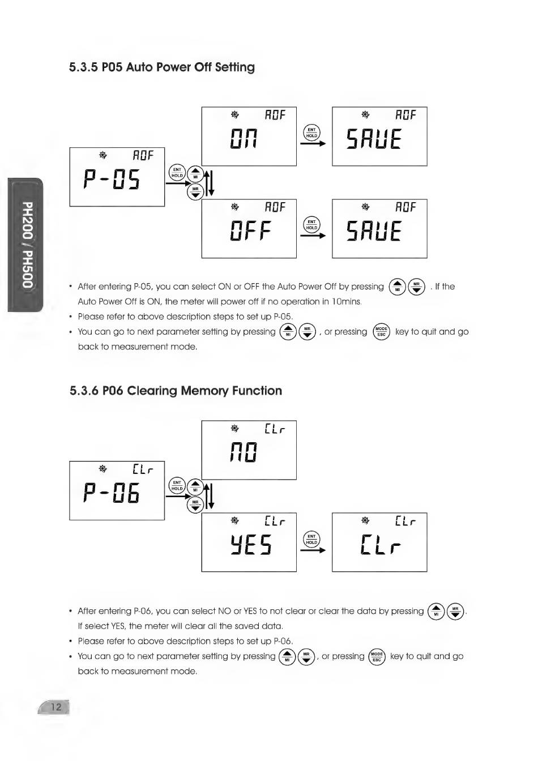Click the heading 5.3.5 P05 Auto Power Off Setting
coord(162,67)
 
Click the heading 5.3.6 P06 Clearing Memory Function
coord(176,391)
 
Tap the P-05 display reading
coord(112,180)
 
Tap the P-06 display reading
coord(112,494)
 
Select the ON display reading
coord(244,139)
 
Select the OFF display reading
coord(250,232)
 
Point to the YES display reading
coord(250,545)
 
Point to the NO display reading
coord(244,452)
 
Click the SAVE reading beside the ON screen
coord(374,139)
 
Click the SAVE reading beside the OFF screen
coord(374,232)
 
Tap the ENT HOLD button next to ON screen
coord(311,132)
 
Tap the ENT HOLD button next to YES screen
coord(311,539)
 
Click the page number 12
coord(56,707)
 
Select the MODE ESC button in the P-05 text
coord(381,332)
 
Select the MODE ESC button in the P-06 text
coord(377,657)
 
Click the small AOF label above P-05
coord(143,155)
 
